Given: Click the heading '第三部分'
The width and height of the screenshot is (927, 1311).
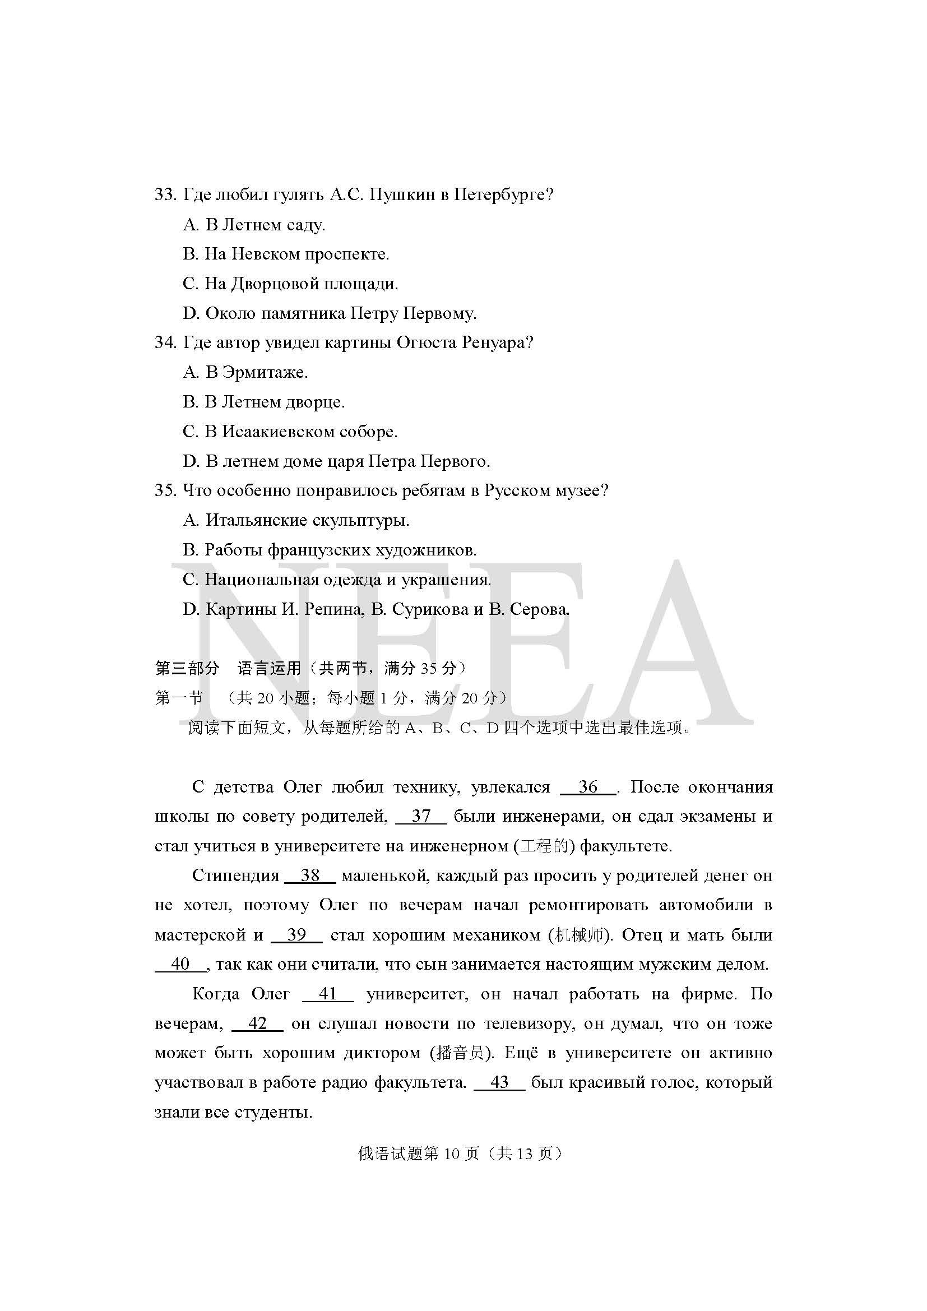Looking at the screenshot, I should coord(187,668).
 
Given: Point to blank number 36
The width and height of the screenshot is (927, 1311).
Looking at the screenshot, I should coord(588,787).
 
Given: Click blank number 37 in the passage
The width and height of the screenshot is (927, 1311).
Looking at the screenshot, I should coord(421,816).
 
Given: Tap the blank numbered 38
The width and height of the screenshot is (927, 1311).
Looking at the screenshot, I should coord(310,875).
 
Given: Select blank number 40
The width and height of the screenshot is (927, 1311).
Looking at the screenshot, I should coord(180,964).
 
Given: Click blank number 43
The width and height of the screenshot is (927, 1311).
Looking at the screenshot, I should coord(499,1082).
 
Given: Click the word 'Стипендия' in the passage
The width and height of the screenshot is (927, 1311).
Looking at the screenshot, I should coord(235,875).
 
